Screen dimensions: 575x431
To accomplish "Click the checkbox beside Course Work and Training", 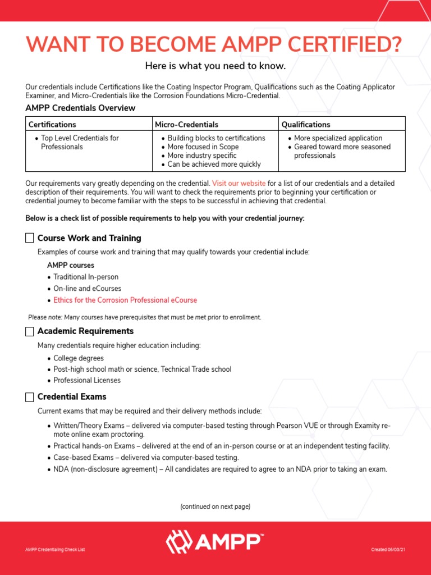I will [30, 238].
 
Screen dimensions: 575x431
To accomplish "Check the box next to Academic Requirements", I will [30, 331].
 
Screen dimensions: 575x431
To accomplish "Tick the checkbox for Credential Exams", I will [30, 397].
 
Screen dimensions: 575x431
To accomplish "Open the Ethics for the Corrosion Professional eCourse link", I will [125, 300].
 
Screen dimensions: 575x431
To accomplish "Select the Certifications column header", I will [52, 124].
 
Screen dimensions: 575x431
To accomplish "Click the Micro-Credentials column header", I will [186, 124].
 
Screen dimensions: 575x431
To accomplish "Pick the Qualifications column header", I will [306, 124].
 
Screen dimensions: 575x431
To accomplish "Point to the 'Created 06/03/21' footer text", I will [388, 549].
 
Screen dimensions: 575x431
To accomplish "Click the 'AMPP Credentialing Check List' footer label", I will [50, 549].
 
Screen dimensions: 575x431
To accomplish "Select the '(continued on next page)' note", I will [215, 506].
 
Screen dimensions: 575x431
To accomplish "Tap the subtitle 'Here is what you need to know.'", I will [215, 66].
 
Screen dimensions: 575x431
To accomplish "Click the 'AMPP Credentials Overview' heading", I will [80, 108].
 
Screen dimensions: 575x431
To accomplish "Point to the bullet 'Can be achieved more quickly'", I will [214, 165].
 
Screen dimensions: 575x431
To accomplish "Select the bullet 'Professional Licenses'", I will [87, 380].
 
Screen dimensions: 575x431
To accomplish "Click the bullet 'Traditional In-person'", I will [86, 277].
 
